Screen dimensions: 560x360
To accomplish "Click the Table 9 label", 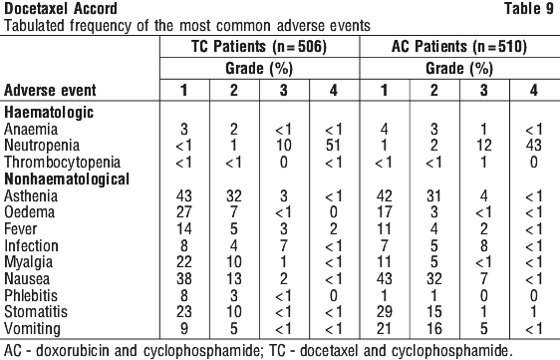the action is click(x=529, y=9).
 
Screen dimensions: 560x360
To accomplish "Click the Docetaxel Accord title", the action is click(x=61, y=9).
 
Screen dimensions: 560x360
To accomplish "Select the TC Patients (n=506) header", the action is click(x=259, y=47).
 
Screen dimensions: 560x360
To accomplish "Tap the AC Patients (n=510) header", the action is click(x=459, y=47).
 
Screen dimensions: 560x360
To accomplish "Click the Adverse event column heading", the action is click(x=50, y=90).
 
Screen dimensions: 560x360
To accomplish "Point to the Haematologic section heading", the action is click(x=49, y=113).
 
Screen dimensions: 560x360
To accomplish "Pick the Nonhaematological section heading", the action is click(x=67, y=180).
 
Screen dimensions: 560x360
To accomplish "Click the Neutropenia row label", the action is click(x=42, y=146).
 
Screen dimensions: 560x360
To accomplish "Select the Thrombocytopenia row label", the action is click(x=62, y=163).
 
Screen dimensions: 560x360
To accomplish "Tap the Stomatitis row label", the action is click(x=36, y=312).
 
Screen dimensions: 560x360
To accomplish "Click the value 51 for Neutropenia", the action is click(x=333, y=146).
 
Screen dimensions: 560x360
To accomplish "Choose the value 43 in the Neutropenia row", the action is click(x=533, y=146).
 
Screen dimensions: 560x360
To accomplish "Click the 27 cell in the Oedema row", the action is click(x=184, y=212).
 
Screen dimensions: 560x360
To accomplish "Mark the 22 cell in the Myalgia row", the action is click(x=184, y=262).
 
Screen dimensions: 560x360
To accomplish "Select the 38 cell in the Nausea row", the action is click(x=184, y=279).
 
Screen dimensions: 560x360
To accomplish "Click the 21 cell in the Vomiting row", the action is click(x=384, y=328).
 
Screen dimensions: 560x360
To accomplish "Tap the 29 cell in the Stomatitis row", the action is click(x=384, y=312).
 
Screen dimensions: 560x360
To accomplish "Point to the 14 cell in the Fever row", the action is click(x=184, y=228).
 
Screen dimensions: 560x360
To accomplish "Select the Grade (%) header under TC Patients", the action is click(x=259, y=68).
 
